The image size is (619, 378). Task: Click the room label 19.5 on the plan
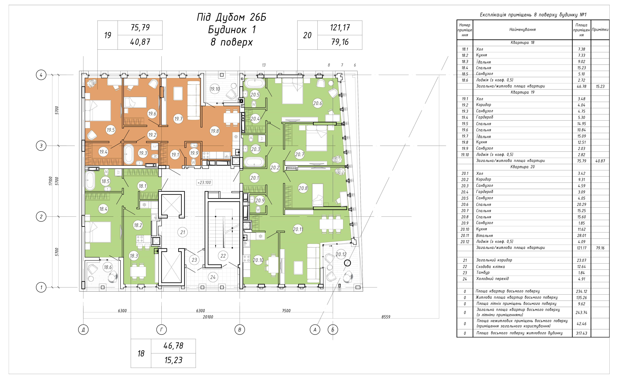(x=111, y=130)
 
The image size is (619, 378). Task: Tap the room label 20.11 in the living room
(x=298, y=229)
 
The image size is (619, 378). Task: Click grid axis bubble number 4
(x=41, y=75)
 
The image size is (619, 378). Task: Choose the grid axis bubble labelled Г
(x=162, y=330)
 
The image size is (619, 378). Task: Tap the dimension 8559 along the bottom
(x=386, y=317)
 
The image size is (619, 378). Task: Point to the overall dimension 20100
(x=208, y=317)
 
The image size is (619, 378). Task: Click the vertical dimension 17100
(x=50, y=181)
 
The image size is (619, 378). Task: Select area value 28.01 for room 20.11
(x=581, y=236)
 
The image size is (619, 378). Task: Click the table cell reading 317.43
(x=581, y=333)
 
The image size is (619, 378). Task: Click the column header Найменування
(x=523, y=30)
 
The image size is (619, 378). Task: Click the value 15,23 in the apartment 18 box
(x=173, y=360)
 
